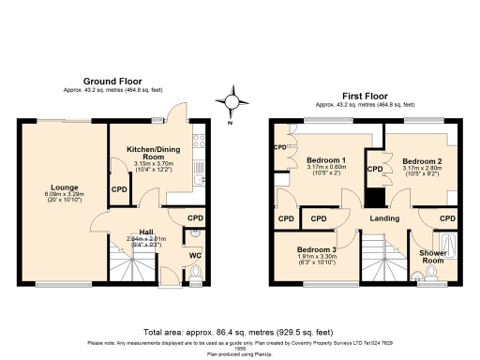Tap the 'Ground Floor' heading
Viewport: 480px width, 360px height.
(112, 81)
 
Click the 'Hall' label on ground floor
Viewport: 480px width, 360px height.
(146, 232)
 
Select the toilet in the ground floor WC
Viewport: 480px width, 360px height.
(195, 273)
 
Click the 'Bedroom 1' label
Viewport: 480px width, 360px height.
(326, 160)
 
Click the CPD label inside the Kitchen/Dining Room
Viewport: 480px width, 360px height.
(119, 189)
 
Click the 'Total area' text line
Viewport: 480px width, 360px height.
(240, 333)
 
